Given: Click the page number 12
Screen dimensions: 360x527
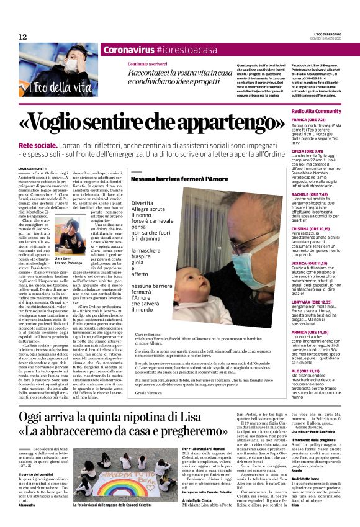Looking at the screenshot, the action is [x=23, y=37].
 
